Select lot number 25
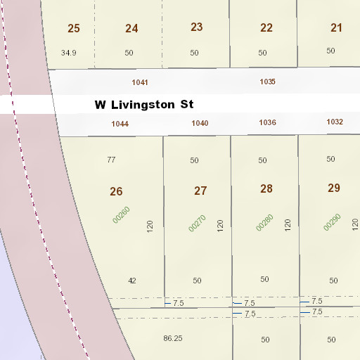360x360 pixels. [74, 29]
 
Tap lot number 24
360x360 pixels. [131, 29]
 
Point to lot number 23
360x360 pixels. [196, 27]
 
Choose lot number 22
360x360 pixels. [266, 28]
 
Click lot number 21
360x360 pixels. [336, 28]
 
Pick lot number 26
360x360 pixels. [116, 191]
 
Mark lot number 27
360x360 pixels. [200, 191]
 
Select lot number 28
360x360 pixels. [266, 188]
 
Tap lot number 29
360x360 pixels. [333, 188]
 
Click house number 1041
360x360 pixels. [140, 82]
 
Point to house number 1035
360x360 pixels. [267, 82]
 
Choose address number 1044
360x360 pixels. [120, 124]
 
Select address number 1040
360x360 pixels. [200, 123]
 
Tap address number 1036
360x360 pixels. [267, 122]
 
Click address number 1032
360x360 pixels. [335, 122]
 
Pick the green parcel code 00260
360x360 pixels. [122, 214]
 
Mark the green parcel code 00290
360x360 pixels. [332, 222]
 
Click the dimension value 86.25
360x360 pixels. [173, 338]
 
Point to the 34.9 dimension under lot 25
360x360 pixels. [68, 53]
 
